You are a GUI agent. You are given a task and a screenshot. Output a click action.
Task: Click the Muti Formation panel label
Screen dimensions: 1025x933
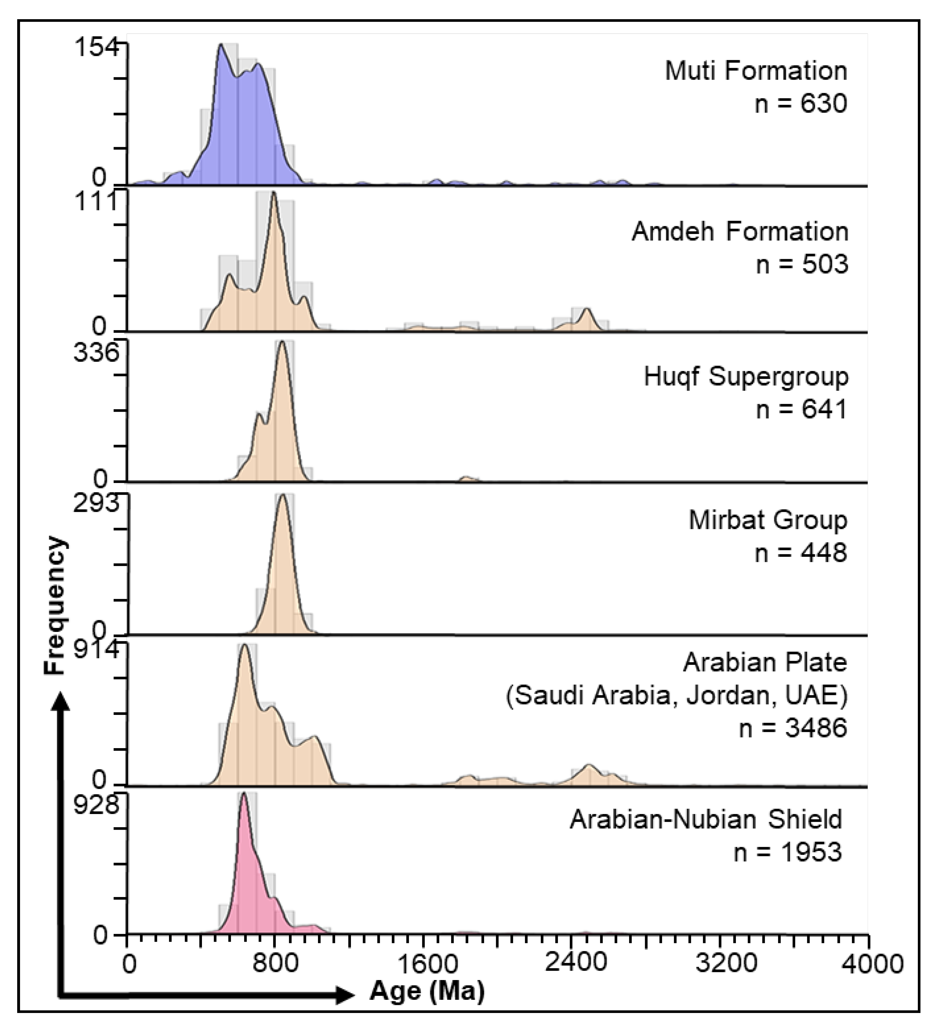756,71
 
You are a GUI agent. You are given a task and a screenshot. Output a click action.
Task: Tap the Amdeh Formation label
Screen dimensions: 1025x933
740,232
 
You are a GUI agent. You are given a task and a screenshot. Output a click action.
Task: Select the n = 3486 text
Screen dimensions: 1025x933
793,728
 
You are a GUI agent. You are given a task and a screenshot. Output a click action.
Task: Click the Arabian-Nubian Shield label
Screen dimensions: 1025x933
706,820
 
